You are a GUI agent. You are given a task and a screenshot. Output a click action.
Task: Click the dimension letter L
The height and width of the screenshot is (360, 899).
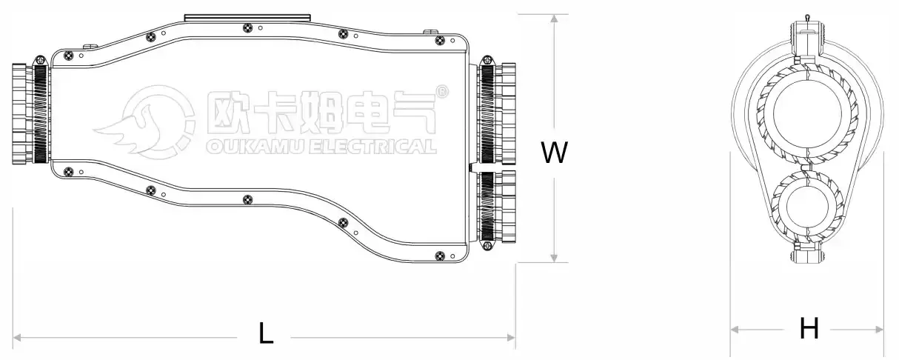[266, 335]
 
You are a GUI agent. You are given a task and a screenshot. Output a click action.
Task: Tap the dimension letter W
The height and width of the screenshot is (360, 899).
[554, 153]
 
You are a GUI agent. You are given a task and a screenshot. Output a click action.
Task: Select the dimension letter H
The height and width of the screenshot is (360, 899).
[809, 328]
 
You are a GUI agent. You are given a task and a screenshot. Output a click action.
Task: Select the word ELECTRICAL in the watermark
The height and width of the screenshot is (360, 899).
[371, 146]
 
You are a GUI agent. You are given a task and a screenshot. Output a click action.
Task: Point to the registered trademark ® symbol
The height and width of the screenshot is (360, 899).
[442, 92]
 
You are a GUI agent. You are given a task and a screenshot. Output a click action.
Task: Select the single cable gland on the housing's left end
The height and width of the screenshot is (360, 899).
[30, 113]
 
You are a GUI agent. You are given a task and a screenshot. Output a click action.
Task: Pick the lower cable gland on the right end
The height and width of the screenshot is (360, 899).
[497, 208]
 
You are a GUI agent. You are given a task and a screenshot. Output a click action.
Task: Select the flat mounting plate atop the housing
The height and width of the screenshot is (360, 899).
[247, 16]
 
